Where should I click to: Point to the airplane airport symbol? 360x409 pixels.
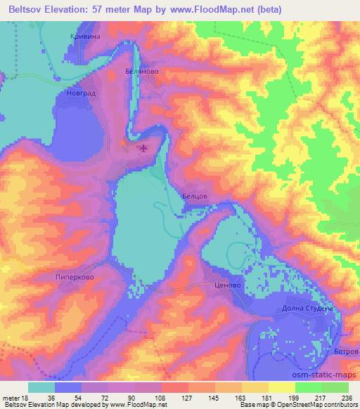point(144,148)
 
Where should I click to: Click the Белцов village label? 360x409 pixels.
point(194,197)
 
